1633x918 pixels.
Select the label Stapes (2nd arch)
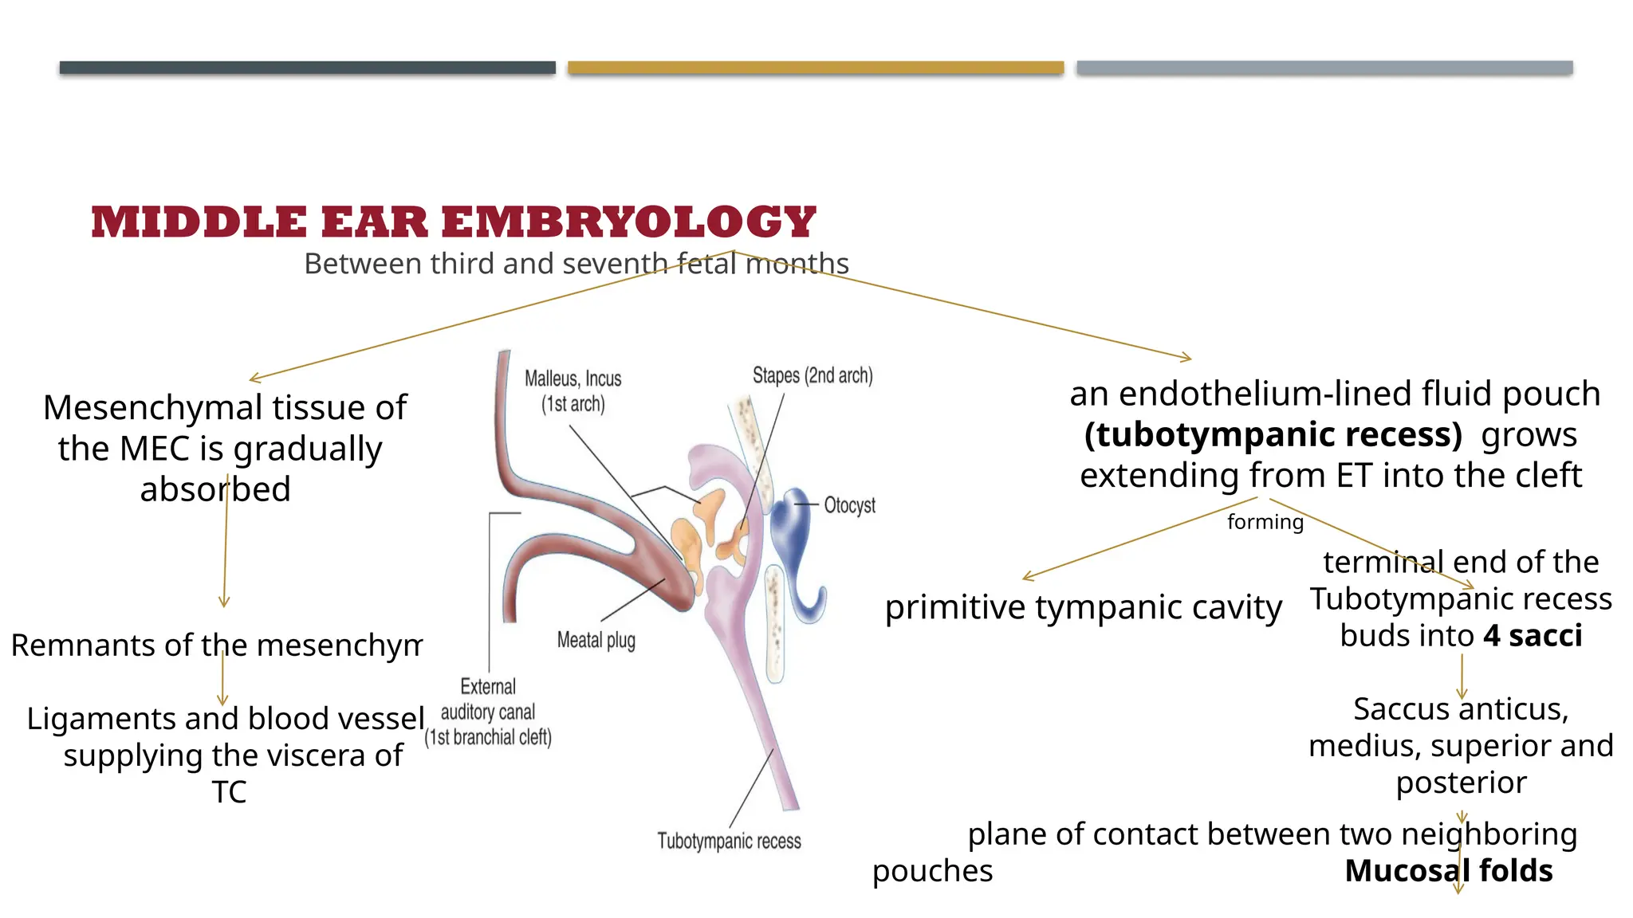point(813,375)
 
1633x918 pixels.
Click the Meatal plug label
point(596,640)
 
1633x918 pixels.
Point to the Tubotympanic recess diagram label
point(729,841)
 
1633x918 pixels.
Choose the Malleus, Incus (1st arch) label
point(573,391)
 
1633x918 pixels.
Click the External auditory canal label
point(488,712)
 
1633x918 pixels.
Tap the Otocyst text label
point(849,505)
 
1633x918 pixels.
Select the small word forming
point(1265,522)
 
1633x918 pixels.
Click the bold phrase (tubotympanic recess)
point(1273,435)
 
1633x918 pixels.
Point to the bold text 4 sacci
point(1533,636)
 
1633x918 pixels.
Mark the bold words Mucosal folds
point(1448,871)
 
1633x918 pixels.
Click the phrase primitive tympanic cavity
point(1084,607)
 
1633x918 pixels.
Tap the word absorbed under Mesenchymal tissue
point(215,489)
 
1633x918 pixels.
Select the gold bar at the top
point(816,68)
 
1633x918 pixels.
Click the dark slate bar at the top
point(307,68)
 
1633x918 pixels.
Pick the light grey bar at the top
point(1324,68)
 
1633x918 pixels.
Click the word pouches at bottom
point(932,871)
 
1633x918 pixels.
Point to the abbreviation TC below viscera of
point(229,792)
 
